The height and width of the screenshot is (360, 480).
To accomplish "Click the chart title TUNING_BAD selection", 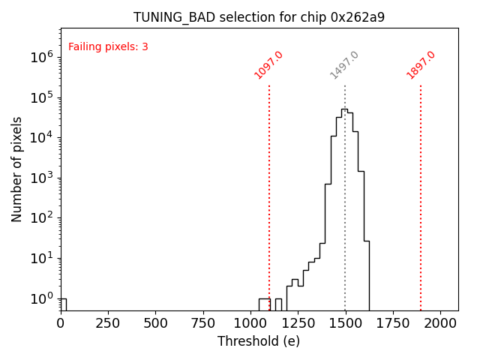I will coord(259,17).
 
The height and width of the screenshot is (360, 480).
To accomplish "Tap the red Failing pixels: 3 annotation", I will coord(108,47).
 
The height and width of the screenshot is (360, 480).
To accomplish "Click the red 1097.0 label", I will coord(268,65).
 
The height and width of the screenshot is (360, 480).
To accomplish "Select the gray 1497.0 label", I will coord(345,65).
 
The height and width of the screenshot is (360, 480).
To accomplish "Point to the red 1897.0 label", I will coord(421,65).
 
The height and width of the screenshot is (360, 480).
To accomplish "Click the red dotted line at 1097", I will coord(269,187).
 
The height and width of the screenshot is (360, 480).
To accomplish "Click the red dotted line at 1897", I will coord(421,187).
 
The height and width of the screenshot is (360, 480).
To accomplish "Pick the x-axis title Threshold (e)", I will coord(259,341).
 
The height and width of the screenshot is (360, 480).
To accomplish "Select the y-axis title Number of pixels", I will coord(16,169).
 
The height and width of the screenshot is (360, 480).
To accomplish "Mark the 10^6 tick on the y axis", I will coord(41,57).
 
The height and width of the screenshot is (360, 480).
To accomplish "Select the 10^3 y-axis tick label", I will coord(41,178).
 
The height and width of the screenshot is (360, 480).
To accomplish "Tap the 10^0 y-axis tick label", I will coord(41,299).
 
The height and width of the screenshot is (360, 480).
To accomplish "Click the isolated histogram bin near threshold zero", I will coord(63,304).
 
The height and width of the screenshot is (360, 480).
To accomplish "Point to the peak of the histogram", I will coord(344,109).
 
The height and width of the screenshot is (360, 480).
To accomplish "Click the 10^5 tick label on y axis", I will coord(41,97).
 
